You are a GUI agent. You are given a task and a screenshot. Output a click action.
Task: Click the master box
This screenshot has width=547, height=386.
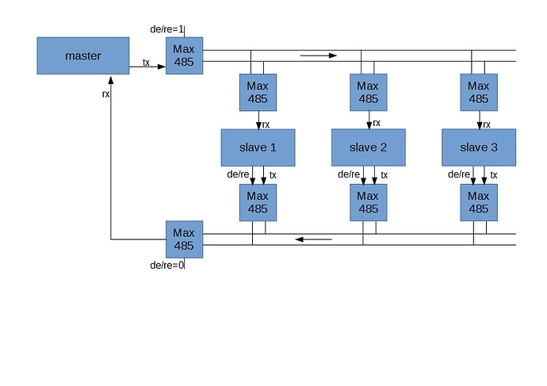point(83,55)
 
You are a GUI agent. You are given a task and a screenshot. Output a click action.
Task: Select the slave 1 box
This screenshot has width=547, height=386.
point(258,147)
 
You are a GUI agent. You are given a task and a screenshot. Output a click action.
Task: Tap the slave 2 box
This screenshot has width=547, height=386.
point(368,147)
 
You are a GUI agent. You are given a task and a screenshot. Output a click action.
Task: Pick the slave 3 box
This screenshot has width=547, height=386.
point(478,147)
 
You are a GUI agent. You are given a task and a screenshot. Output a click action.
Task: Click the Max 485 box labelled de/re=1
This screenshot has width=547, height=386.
point(184,55)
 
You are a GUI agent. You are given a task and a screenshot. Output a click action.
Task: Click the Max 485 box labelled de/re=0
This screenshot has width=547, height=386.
point(184,239)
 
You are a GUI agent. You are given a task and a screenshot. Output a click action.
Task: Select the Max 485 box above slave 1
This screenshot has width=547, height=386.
point(258,93)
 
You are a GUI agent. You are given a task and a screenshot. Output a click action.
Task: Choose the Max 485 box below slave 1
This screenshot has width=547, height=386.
point(258,202)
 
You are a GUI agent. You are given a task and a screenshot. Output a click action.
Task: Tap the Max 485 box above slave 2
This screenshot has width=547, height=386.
point(368,93)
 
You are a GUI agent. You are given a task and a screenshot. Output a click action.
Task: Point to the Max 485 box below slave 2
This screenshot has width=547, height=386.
point(368,202)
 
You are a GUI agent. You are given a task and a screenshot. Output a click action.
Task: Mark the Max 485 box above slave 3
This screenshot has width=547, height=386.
point(478,93)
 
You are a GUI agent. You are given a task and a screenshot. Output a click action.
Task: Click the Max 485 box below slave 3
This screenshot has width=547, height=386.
point(478,202)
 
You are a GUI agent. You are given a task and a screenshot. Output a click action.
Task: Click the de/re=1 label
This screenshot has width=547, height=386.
point(166,29)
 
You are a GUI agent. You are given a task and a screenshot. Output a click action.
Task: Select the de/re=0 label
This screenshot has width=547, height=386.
point(166,265)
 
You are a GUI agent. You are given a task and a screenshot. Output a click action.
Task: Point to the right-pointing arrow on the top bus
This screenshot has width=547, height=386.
point(319,55)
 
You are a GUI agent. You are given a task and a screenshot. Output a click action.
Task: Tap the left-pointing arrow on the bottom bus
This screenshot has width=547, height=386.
point(313,239)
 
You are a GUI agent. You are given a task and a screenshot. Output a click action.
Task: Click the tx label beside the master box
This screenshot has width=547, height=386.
point(146,62)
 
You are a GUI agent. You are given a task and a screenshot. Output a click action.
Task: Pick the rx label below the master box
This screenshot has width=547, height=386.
point(105,94)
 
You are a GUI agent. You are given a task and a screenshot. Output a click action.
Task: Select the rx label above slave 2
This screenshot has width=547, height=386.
point(377,123)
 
